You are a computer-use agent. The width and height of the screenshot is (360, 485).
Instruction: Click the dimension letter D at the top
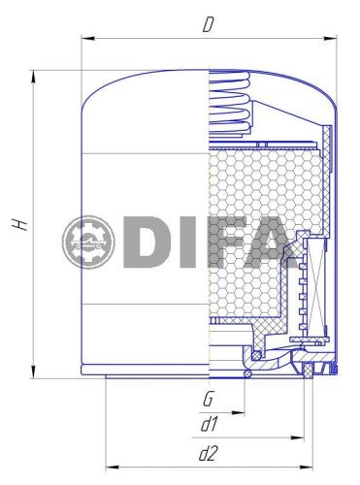(207, 24)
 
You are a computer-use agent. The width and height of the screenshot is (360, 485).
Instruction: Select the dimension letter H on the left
(20, 224)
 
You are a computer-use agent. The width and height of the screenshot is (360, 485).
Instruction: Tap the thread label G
(208, 399)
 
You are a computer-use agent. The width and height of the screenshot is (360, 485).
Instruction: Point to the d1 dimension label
(208, 423)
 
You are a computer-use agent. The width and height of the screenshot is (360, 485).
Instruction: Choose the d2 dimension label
(208, 452)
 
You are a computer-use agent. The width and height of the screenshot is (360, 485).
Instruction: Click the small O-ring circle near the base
(249, 373)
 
